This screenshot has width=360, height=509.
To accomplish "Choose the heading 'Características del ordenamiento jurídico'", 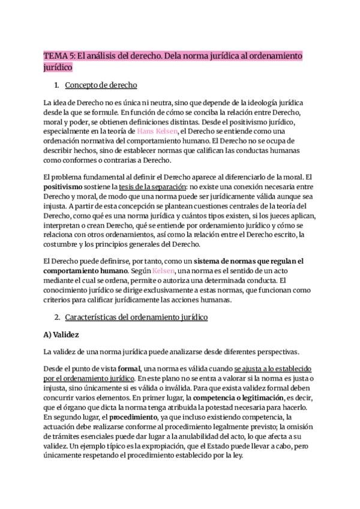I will point(136,316).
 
